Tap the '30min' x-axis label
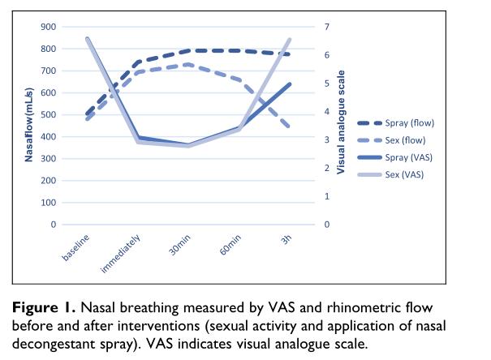point(179,243)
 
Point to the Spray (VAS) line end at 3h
point(289,84)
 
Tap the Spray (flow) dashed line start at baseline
point(86,114)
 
